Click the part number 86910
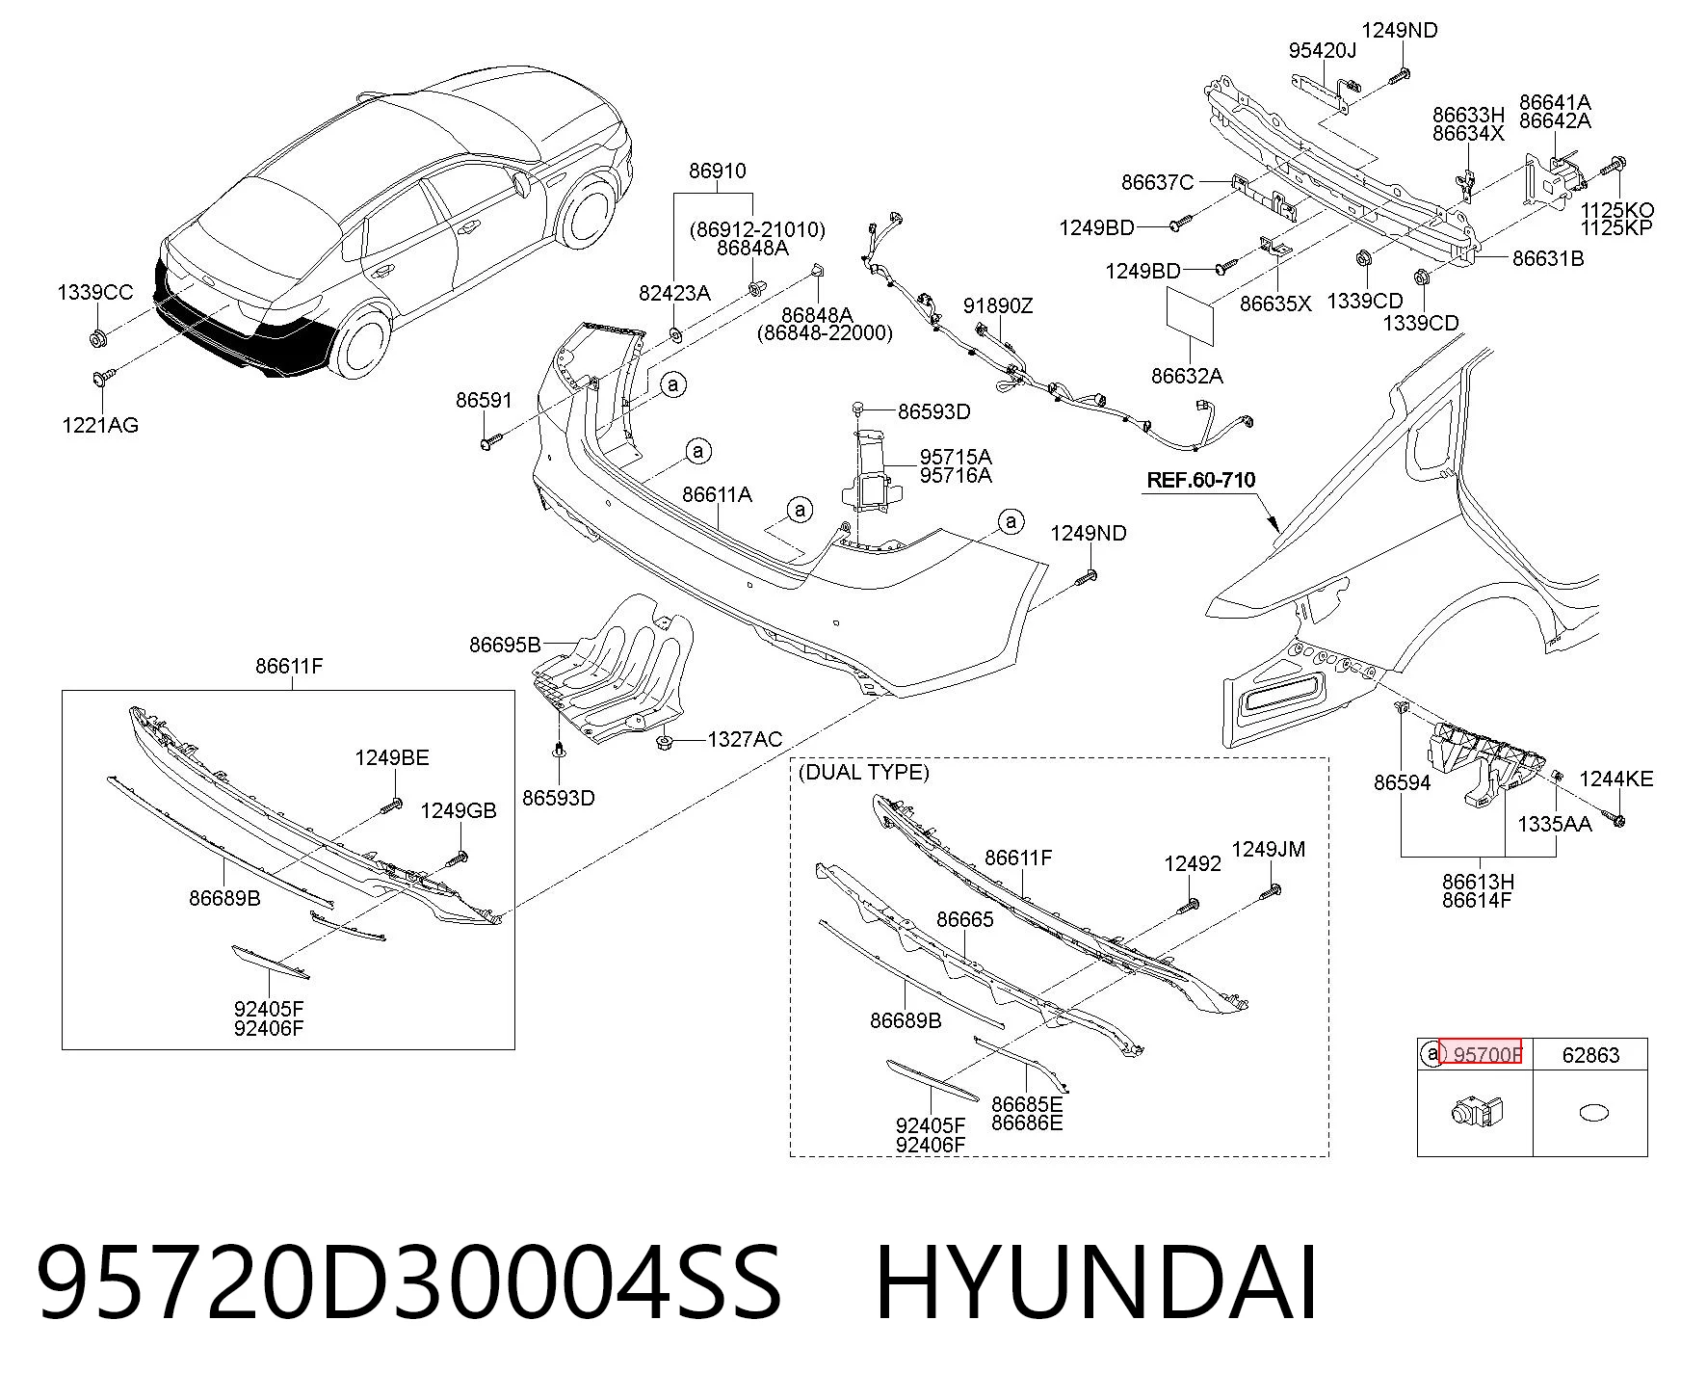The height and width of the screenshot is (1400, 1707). coord(717,171)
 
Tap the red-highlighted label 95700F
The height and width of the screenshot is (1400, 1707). coord(1487,1055)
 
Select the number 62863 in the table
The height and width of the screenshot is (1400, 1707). coord(1590,1055)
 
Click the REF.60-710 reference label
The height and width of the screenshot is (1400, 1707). coord(1201,479)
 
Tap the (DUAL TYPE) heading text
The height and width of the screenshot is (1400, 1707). coord(863,772)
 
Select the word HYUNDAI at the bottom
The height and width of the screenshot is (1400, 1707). coord(1096,1282)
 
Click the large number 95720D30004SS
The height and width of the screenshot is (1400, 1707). coord(409,1282)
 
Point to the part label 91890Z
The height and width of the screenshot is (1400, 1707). coord(998,305)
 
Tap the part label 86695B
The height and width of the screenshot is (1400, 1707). coord(505,645)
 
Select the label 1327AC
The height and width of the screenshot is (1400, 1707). coord(745,739)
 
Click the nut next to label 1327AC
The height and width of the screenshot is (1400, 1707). coord(665,741)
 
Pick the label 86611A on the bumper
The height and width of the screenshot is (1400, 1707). coord(717,494)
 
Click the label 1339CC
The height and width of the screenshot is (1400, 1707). coord(95,292)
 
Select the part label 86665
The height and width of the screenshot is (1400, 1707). coord(964,919)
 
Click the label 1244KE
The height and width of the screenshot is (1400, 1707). coord(1616,779)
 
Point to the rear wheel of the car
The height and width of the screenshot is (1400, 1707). coord(364,343)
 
